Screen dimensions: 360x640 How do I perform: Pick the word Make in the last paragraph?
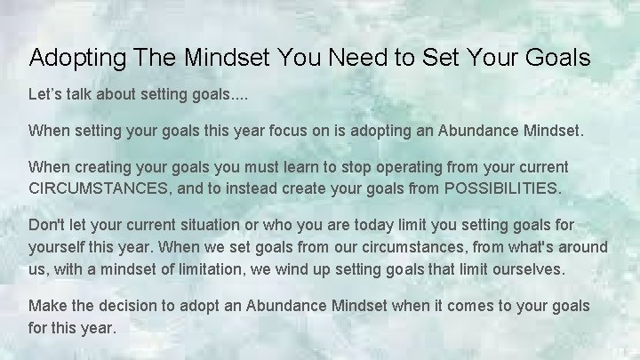click(48, 306)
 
